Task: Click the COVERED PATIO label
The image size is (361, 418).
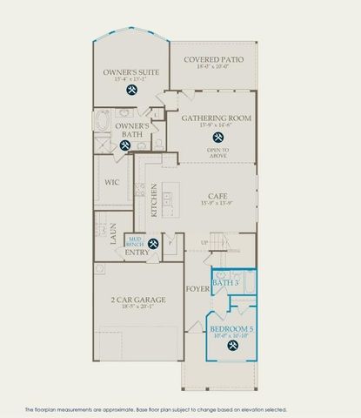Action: coord(213,59)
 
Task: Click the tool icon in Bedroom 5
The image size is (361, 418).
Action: coord(232,345)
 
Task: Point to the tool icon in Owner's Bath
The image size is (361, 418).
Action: coord(125,146)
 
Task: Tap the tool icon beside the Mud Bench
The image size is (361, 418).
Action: coord(153,243)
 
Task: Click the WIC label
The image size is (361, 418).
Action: coord(112,183)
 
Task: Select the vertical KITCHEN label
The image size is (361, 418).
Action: coord(154,201)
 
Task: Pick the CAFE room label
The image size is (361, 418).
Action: coord(217,197)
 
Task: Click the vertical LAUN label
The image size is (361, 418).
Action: coord(113,233)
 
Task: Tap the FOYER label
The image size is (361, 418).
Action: coord(195,287)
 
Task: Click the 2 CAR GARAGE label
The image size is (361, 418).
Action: coord(140,300)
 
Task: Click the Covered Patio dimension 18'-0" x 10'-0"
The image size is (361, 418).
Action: coord(213,67)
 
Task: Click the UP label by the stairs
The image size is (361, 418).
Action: coord(204,242)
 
